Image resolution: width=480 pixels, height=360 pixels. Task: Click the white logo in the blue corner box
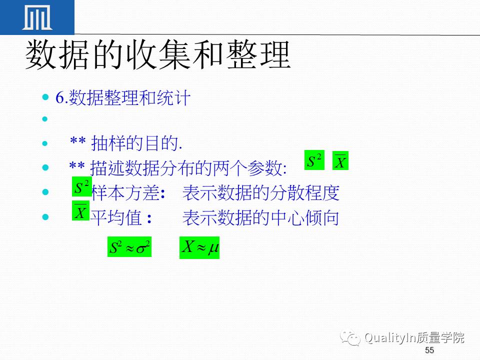37,18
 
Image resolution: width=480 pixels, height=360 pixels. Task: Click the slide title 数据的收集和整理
158,54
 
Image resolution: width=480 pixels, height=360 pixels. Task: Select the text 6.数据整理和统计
123,98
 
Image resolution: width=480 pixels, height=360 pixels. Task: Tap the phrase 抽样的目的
135,144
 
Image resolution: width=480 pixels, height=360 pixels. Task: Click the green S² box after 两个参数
314,161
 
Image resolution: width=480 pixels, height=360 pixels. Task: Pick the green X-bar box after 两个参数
340,161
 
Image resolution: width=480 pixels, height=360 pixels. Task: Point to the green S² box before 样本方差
81,187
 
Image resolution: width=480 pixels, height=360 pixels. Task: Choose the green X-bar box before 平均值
80,210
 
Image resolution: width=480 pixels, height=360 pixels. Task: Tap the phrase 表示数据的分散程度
261,192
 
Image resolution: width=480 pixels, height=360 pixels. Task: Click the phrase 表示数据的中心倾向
261,218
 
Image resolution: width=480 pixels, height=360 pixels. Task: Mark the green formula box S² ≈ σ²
129,247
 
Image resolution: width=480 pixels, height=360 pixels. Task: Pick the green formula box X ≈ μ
199,247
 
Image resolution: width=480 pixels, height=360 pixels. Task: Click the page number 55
429,349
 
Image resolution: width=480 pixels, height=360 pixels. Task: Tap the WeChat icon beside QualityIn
350,338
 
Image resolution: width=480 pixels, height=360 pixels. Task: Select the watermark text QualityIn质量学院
414,338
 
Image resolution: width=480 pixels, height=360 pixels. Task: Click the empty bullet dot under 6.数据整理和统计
46,119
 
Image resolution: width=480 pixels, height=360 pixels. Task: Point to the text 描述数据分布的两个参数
187,168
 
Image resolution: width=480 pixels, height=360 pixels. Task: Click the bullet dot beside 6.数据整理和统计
46,96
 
